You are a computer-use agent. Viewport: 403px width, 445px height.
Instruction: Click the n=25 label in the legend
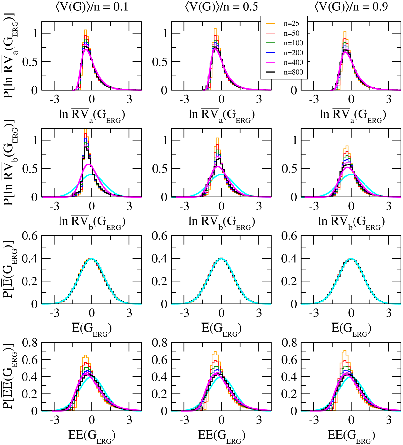[x=291, y=24]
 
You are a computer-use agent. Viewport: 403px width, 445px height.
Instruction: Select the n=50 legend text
[x=291, y=33]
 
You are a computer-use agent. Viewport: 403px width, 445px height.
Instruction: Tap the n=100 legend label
[x=293, y=43]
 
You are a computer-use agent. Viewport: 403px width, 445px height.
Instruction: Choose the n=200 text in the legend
[x=293, y=53]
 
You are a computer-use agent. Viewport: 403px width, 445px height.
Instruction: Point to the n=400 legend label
[x=293, y=62]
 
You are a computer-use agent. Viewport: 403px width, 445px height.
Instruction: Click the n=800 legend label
[x=293, y=72]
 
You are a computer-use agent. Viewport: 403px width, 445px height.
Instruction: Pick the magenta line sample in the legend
[x=270, y=62]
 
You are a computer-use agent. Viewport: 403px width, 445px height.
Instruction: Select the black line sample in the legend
[x=270, y=72]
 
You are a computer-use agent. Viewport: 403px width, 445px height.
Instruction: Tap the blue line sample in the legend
[x=270, y=53]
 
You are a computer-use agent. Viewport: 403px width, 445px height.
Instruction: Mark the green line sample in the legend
[x=270, y=43]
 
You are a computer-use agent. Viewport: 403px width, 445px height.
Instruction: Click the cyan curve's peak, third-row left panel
[x=92, y=258]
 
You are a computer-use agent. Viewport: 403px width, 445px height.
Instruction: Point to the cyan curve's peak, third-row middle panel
[x=222, y=258]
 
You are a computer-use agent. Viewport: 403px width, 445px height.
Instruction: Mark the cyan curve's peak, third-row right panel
[x=351, y=258]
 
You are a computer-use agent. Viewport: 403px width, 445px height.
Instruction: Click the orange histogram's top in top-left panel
[x=85, y=30]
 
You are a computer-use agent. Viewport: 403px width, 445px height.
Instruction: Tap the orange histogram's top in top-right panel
[x=345, y=32]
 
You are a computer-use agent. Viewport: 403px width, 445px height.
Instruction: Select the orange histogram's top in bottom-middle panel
[x=215, y=351]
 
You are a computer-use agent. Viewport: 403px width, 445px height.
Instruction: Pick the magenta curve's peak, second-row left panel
[x=89, y=164]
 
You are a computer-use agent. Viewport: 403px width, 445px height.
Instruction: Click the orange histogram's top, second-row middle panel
[x=217, y=138]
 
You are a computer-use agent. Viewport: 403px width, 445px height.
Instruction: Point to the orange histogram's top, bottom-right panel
[x=345, y=351]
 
